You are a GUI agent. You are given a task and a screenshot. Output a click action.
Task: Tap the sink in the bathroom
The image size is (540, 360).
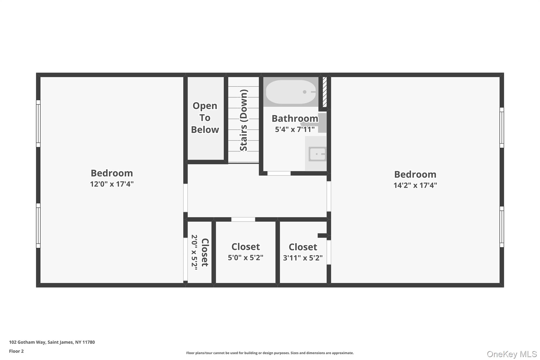tap(317, 154)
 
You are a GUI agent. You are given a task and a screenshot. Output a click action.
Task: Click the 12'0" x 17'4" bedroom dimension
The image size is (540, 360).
tap(112, 184)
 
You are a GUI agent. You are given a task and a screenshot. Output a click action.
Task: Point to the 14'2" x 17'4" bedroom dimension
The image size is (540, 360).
tap(415, 185)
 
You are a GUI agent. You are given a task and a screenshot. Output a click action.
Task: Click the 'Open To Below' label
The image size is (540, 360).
tap(205, 118)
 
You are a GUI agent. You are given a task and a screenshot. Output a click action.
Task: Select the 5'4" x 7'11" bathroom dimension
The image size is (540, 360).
tap(295, 129)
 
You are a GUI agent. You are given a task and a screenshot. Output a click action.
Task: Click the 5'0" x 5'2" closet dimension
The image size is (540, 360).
tap(245, 257)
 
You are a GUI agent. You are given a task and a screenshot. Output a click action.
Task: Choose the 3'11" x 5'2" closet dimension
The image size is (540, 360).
tap(303, 258)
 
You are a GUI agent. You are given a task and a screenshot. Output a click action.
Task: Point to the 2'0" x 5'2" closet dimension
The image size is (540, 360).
tap(194, 252)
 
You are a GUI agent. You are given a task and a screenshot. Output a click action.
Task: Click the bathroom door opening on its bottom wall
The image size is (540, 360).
tap(279, 173)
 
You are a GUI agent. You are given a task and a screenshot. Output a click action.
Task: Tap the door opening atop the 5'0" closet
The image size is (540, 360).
tap(243, 219)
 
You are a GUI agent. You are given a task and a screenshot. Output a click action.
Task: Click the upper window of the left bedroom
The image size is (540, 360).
tap(38, 123)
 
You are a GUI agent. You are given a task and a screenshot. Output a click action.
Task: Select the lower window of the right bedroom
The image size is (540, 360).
tap(502, 227)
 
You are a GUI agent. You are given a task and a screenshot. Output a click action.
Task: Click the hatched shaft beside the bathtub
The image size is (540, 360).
tap(325, 92)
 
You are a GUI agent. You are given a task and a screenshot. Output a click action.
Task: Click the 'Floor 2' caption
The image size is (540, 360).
tap(16, 351)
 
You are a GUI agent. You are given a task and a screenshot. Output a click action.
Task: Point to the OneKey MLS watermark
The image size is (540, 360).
tap(512, 354)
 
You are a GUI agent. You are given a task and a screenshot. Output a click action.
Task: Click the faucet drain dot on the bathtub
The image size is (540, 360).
tap(305, 92)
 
